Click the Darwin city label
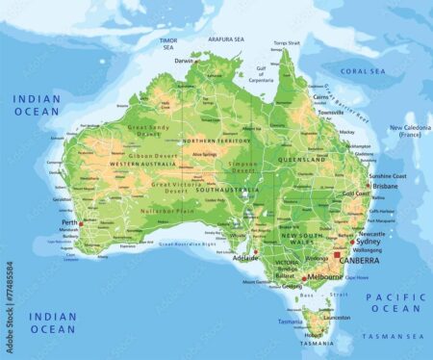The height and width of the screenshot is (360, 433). click(183, 61)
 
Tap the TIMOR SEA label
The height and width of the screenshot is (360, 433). click(167, 42)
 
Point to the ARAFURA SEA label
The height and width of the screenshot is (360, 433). click(226, 39)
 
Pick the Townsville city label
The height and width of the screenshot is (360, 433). click(331, 113)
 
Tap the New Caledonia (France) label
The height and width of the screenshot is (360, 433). click(408, 131)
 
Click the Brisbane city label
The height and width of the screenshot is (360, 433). click(385, 186)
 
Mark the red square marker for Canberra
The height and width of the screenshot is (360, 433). click(338, 256)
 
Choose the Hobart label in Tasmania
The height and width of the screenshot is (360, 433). click(313, 334)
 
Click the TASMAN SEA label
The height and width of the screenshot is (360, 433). click(391, 336)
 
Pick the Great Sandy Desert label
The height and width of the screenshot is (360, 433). click(149, 131)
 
